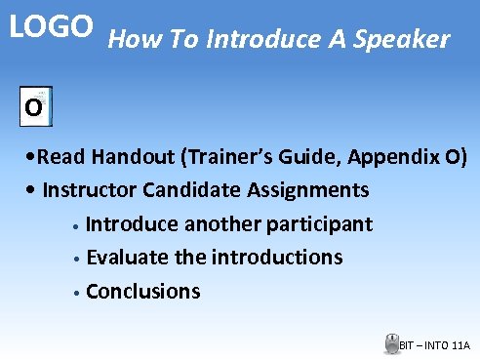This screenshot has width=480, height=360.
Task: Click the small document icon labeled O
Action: tap(36, 106)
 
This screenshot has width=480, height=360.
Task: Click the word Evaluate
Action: tap(127, 258)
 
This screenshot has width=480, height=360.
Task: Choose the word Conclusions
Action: tap(143, 291)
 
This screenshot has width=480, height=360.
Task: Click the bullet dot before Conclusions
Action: tap(75, 293)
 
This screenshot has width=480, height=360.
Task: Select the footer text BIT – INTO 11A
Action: tap(435, 345)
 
